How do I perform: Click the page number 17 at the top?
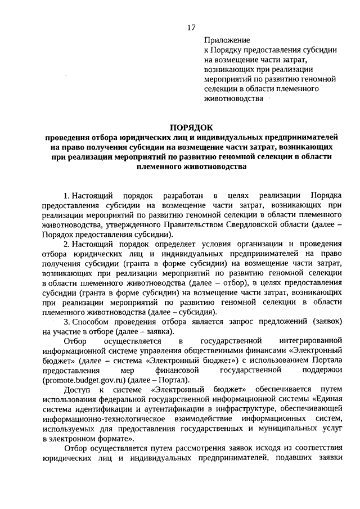coord(191,27)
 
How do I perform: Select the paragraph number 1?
coord(66,195)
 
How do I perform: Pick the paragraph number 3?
coord(66,321)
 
